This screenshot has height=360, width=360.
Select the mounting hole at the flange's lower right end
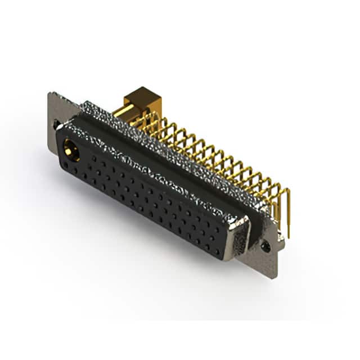[x=265, y=246]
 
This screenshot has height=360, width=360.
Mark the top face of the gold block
[x=143, y=93]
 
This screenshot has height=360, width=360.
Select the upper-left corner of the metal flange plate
[x=50, y=94]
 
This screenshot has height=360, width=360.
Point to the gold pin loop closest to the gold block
[x=147, y=121]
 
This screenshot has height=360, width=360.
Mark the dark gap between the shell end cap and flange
[x=251, y=236]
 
